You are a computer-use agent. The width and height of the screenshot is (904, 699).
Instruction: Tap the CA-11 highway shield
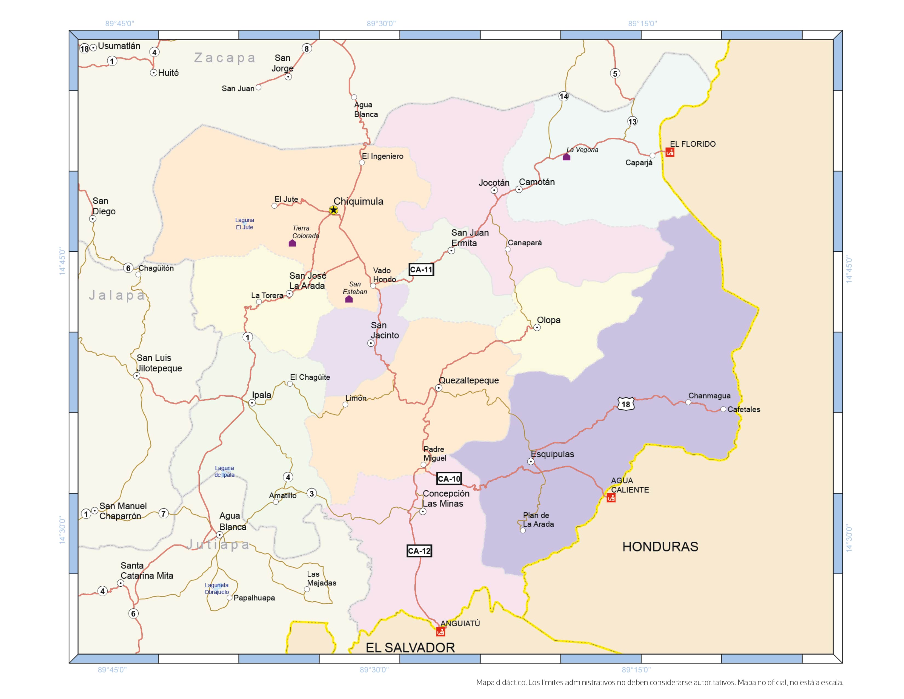click(421, 269)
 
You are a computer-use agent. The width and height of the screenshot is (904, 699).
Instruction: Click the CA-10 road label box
click(449, 479)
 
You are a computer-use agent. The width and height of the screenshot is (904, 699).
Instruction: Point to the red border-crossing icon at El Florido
click(670, 152)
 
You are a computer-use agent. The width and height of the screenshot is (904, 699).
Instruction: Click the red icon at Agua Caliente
click(611, 498)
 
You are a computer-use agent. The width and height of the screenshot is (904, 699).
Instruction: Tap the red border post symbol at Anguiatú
click(440, 632)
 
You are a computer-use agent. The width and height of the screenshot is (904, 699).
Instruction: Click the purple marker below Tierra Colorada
click(292, 243)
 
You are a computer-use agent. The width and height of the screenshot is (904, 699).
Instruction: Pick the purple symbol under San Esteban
click(349, 299)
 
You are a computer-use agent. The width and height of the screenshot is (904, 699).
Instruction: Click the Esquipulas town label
click(552, 454)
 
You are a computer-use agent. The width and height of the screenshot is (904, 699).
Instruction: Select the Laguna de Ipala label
click(224, 471)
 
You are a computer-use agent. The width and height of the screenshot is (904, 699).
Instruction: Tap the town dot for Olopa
click(537, 328)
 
